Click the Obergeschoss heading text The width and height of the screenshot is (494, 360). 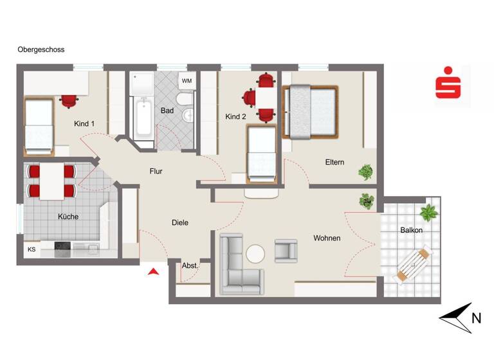tap(41, 50)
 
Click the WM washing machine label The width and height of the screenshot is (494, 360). tap(187, 81)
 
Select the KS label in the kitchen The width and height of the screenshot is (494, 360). tap(32, 249)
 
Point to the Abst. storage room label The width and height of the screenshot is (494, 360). tap(190, 265)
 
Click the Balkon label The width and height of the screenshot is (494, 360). tap(411, 230)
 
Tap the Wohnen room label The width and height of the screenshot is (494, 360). tap(327, 238)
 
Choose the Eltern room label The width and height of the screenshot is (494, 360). tap(334, 162)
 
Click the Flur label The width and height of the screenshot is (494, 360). tap(156, 172)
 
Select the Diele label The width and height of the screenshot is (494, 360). tap(180, 222)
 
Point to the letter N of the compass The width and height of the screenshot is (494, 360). tap(476, 317)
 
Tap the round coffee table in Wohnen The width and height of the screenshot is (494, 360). tap(255, 254)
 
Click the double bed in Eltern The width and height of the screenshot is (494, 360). tap(312, 111)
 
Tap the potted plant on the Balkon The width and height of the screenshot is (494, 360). tap(427, 212)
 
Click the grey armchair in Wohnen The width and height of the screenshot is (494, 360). tap(286, 250)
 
